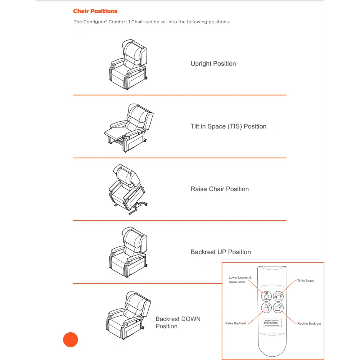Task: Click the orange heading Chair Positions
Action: point(95,11)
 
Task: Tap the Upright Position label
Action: point(213,64)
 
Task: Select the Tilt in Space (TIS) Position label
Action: point(228,126)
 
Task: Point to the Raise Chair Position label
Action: point(220,189)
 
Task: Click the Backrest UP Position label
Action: point(221,252)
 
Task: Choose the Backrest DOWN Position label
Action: point(178,323)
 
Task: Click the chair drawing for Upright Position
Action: point(128,65)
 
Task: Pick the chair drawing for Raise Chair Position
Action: point(127,189)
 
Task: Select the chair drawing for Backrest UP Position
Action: point(128,252)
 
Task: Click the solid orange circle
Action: point(71,339)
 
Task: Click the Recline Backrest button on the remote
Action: point(278,308)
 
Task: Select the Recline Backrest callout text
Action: point(309,324)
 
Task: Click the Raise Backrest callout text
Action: point(236,323)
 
